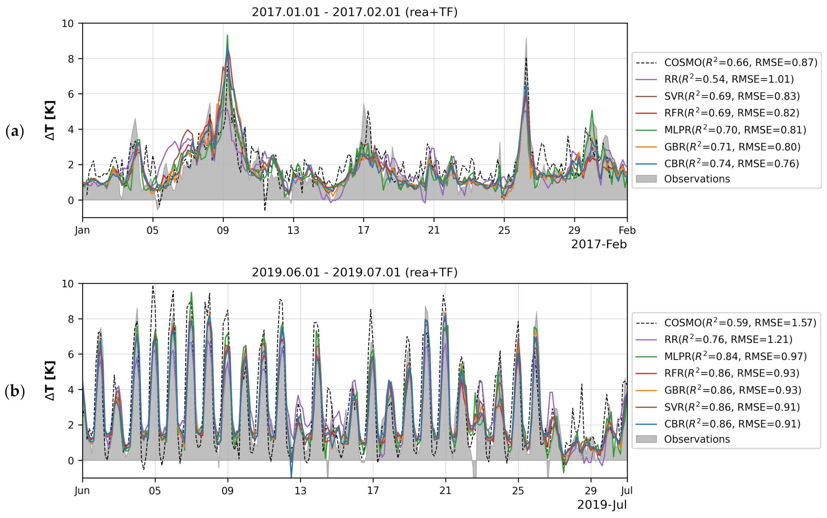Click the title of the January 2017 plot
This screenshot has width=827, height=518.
[x=354, y=12]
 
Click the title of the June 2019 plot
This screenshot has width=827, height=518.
[x=354, y=273]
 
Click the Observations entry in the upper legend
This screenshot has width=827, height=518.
[x=697, y=179]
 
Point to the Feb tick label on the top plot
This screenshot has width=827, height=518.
[x=627, y=230]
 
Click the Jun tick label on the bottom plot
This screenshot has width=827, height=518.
[x=82, y=491]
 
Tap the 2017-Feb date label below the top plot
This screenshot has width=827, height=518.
[x=599, y=245]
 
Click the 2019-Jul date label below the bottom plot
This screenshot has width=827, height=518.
[x=602, y=505]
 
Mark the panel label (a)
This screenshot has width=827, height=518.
[x=15, y=131]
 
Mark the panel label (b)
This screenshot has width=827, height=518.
[x=15, y=392]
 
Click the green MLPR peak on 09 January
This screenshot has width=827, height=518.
[x=227, y=36]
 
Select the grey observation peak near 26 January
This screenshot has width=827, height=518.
[x=526, y=38]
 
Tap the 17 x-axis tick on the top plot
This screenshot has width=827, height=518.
[x=363, y=230]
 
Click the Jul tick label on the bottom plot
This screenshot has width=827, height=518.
[x=627, y=491]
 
